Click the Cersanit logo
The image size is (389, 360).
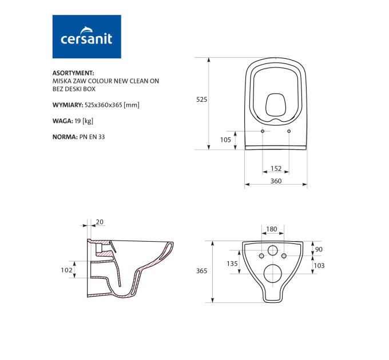tap(86, 37)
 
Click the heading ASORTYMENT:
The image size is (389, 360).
tap(73, 73)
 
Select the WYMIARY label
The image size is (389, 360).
tap(68, 105)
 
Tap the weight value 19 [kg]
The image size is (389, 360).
tap(84, 121)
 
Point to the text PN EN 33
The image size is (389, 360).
tap(92, 137)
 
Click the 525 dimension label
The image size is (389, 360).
tap(201, 99)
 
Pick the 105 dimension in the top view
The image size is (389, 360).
tap(225, 140)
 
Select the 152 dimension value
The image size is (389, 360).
tap(276, 169)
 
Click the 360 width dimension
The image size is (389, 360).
tap(276, 181)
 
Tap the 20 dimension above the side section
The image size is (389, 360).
tap(100, 222)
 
